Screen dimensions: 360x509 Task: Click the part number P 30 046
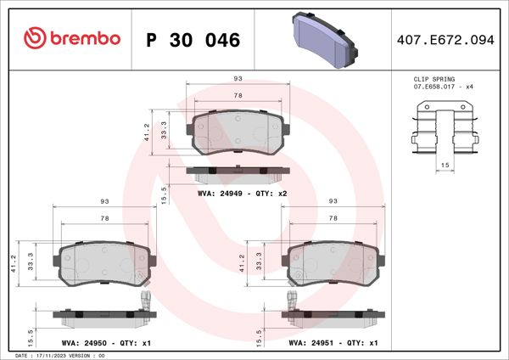click(x=193, y=40)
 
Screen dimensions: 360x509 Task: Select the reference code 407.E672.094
click(x=445, y=40)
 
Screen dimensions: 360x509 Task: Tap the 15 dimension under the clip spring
click(x=444, y=163)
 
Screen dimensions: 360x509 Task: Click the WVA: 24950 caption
click(x=100, y=343)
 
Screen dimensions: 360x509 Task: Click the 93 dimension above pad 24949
click(x=238, y=79)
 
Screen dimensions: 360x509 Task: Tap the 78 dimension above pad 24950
click(x=105, y=219)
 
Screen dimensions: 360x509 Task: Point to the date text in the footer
click(x=59, y=356)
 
